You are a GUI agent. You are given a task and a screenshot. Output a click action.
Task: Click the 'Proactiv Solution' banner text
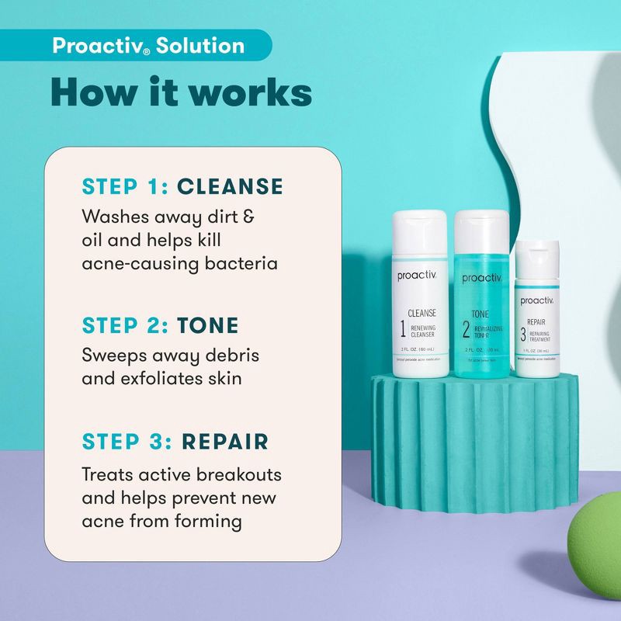tap(147, 45)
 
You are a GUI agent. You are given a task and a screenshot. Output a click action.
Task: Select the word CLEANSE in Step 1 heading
tap(230, 186)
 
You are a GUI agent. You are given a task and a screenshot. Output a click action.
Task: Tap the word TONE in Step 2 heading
tap(208, 325)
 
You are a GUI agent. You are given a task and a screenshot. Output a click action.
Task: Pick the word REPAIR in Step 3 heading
tap(225, 442)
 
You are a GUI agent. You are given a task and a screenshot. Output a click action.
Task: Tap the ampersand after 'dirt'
tap(248, 216)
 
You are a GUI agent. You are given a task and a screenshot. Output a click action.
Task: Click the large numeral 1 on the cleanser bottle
tap(402, 329)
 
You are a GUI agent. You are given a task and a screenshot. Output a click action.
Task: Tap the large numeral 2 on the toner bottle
tap(466, 329)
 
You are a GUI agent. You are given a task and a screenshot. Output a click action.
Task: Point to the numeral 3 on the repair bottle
tap(524, 336)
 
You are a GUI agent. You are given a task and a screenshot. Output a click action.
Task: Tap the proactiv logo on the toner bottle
tap(482, 278)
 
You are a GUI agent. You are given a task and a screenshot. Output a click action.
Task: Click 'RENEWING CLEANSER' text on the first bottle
tap(425, 331)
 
